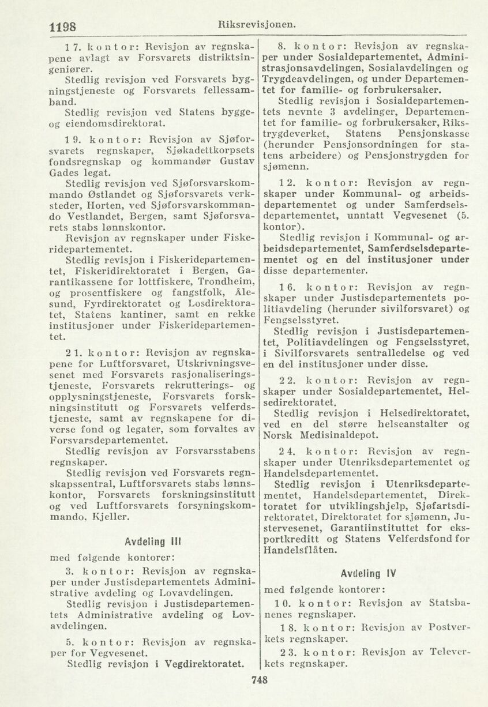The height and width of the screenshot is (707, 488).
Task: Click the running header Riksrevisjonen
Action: click(257, 24)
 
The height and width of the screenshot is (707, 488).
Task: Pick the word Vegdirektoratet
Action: click(200, 663)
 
